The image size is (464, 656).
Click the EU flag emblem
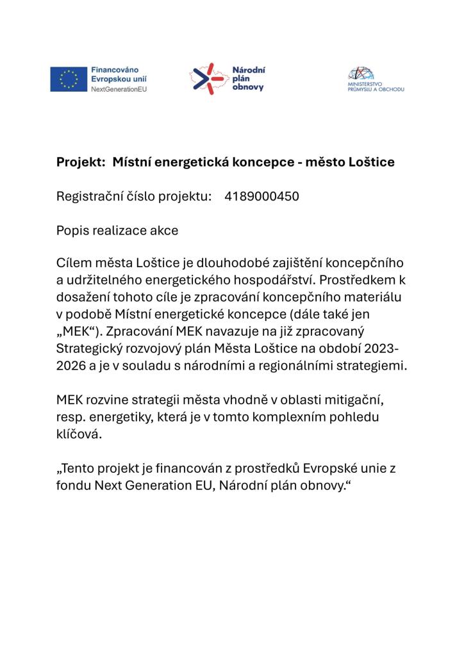(x=69, y=79)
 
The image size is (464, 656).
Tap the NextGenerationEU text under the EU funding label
(x=119, y=88)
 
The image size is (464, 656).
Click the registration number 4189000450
(x=261, y=197)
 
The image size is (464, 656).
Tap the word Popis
(x=72, y=230)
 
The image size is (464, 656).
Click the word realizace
(x=121, y=230)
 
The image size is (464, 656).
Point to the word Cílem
(x=74, y=264)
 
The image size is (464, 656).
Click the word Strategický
(x=90, y=348)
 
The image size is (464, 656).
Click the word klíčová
(x=79, y=432)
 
